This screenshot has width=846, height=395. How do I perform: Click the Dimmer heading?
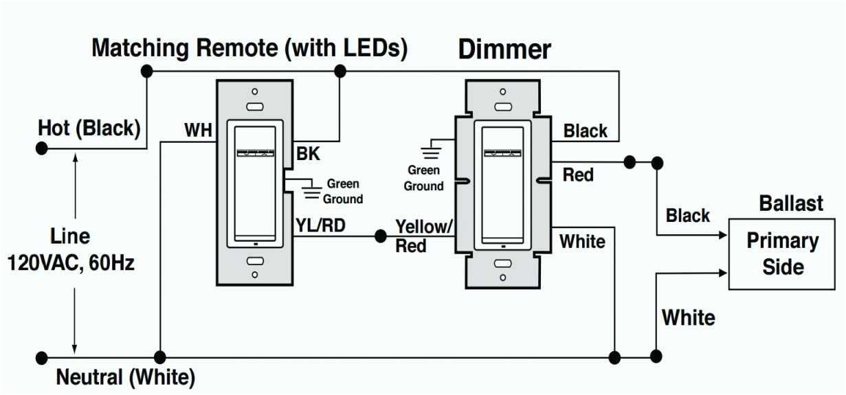pyautogui.click(x=504, y=49)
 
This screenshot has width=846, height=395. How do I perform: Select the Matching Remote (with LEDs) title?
pyautogui.click(x=249, y=48)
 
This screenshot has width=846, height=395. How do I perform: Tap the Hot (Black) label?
pyautogui.click(x=89, y=128)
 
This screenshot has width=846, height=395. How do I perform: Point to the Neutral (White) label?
pyautogui.click(x=125, y=377)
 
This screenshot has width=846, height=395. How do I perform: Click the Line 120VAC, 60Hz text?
pyautogui.click(x=71, y=249)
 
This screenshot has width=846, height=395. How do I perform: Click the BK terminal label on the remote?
pyautogui.click(x=308, y=155)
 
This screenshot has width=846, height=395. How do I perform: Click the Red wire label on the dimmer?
pyautogui.click(x=578, y=175)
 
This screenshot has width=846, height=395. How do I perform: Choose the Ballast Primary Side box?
pyautogui.click(x=783, y=254)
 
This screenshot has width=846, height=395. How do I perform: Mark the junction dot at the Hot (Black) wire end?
pyautogui.click(x=42, y=148)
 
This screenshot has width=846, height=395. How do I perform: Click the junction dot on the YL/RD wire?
pyautogui.click(x=380, y=236)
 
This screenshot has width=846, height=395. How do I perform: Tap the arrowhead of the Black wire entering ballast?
pyautogui.click(x=723, y=236)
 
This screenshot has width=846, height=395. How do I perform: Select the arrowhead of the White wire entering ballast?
pyautogui.click(x=723, y=273)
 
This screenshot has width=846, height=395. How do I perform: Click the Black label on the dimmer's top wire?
pyautogui.click(x=586, y=131)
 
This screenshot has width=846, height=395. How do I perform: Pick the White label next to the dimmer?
pyautogui.click(x=582, y=242)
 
